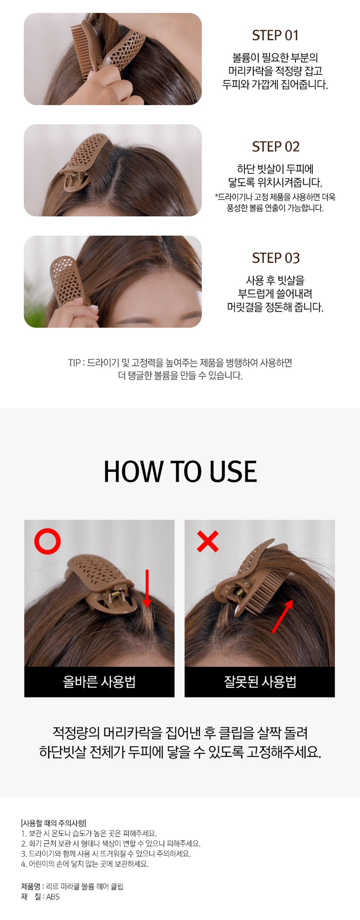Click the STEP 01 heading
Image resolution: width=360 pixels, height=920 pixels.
pos(275,35)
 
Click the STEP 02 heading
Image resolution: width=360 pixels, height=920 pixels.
pos(276,146)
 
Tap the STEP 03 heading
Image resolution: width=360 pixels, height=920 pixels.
pos(276,258)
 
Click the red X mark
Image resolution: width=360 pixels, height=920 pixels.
pos(208,542)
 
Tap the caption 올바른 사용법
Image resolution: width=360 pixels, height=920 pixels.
pos(99,681)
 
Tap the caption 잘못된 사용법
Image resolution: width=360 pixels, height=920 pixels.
pos(260,681)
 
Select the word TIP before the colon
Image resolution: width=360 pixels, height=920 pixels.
pos(74,363)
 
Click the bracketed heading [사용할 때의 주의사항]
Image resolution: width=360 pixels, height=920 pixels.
pos(53,823)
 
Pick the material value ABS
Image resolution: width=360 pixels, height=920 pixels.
pos(53,896)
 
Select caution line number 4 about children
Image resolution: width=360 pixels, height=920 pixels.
pos(85,864)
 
